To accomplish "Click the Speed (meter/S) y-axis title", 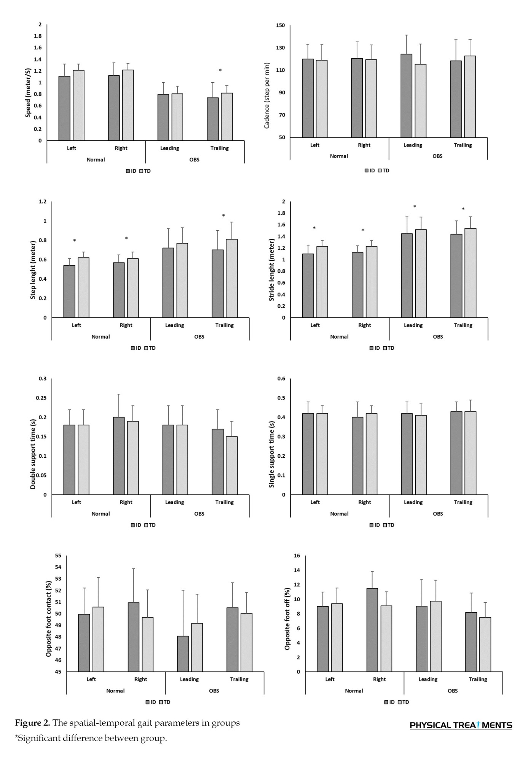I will point(28,91).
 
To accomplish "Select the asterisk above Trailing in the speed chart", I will point(220,71).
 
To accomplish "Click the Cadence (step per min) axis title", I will point(267,96).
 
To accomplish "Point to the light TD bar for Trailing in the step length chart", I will point(232,278).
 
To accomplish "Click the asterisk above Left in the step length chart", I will point(75,241).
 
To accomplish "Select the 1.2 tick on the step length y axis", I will point(43,202).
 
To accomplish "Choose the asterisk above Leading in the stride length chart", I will point(415,207).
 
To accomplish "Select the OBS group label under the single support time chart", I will point(438,514).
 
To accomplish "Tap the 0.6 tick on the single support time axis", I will point(282,379).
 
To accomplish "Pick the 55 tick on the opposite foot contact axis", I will point(58,556).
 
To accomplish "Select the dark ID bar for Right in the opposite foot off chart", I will point(372,630).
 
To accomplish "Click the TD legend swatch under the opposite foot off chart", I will point(400,702).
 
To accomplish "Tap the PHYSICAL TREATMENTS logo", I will point(461,725).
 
